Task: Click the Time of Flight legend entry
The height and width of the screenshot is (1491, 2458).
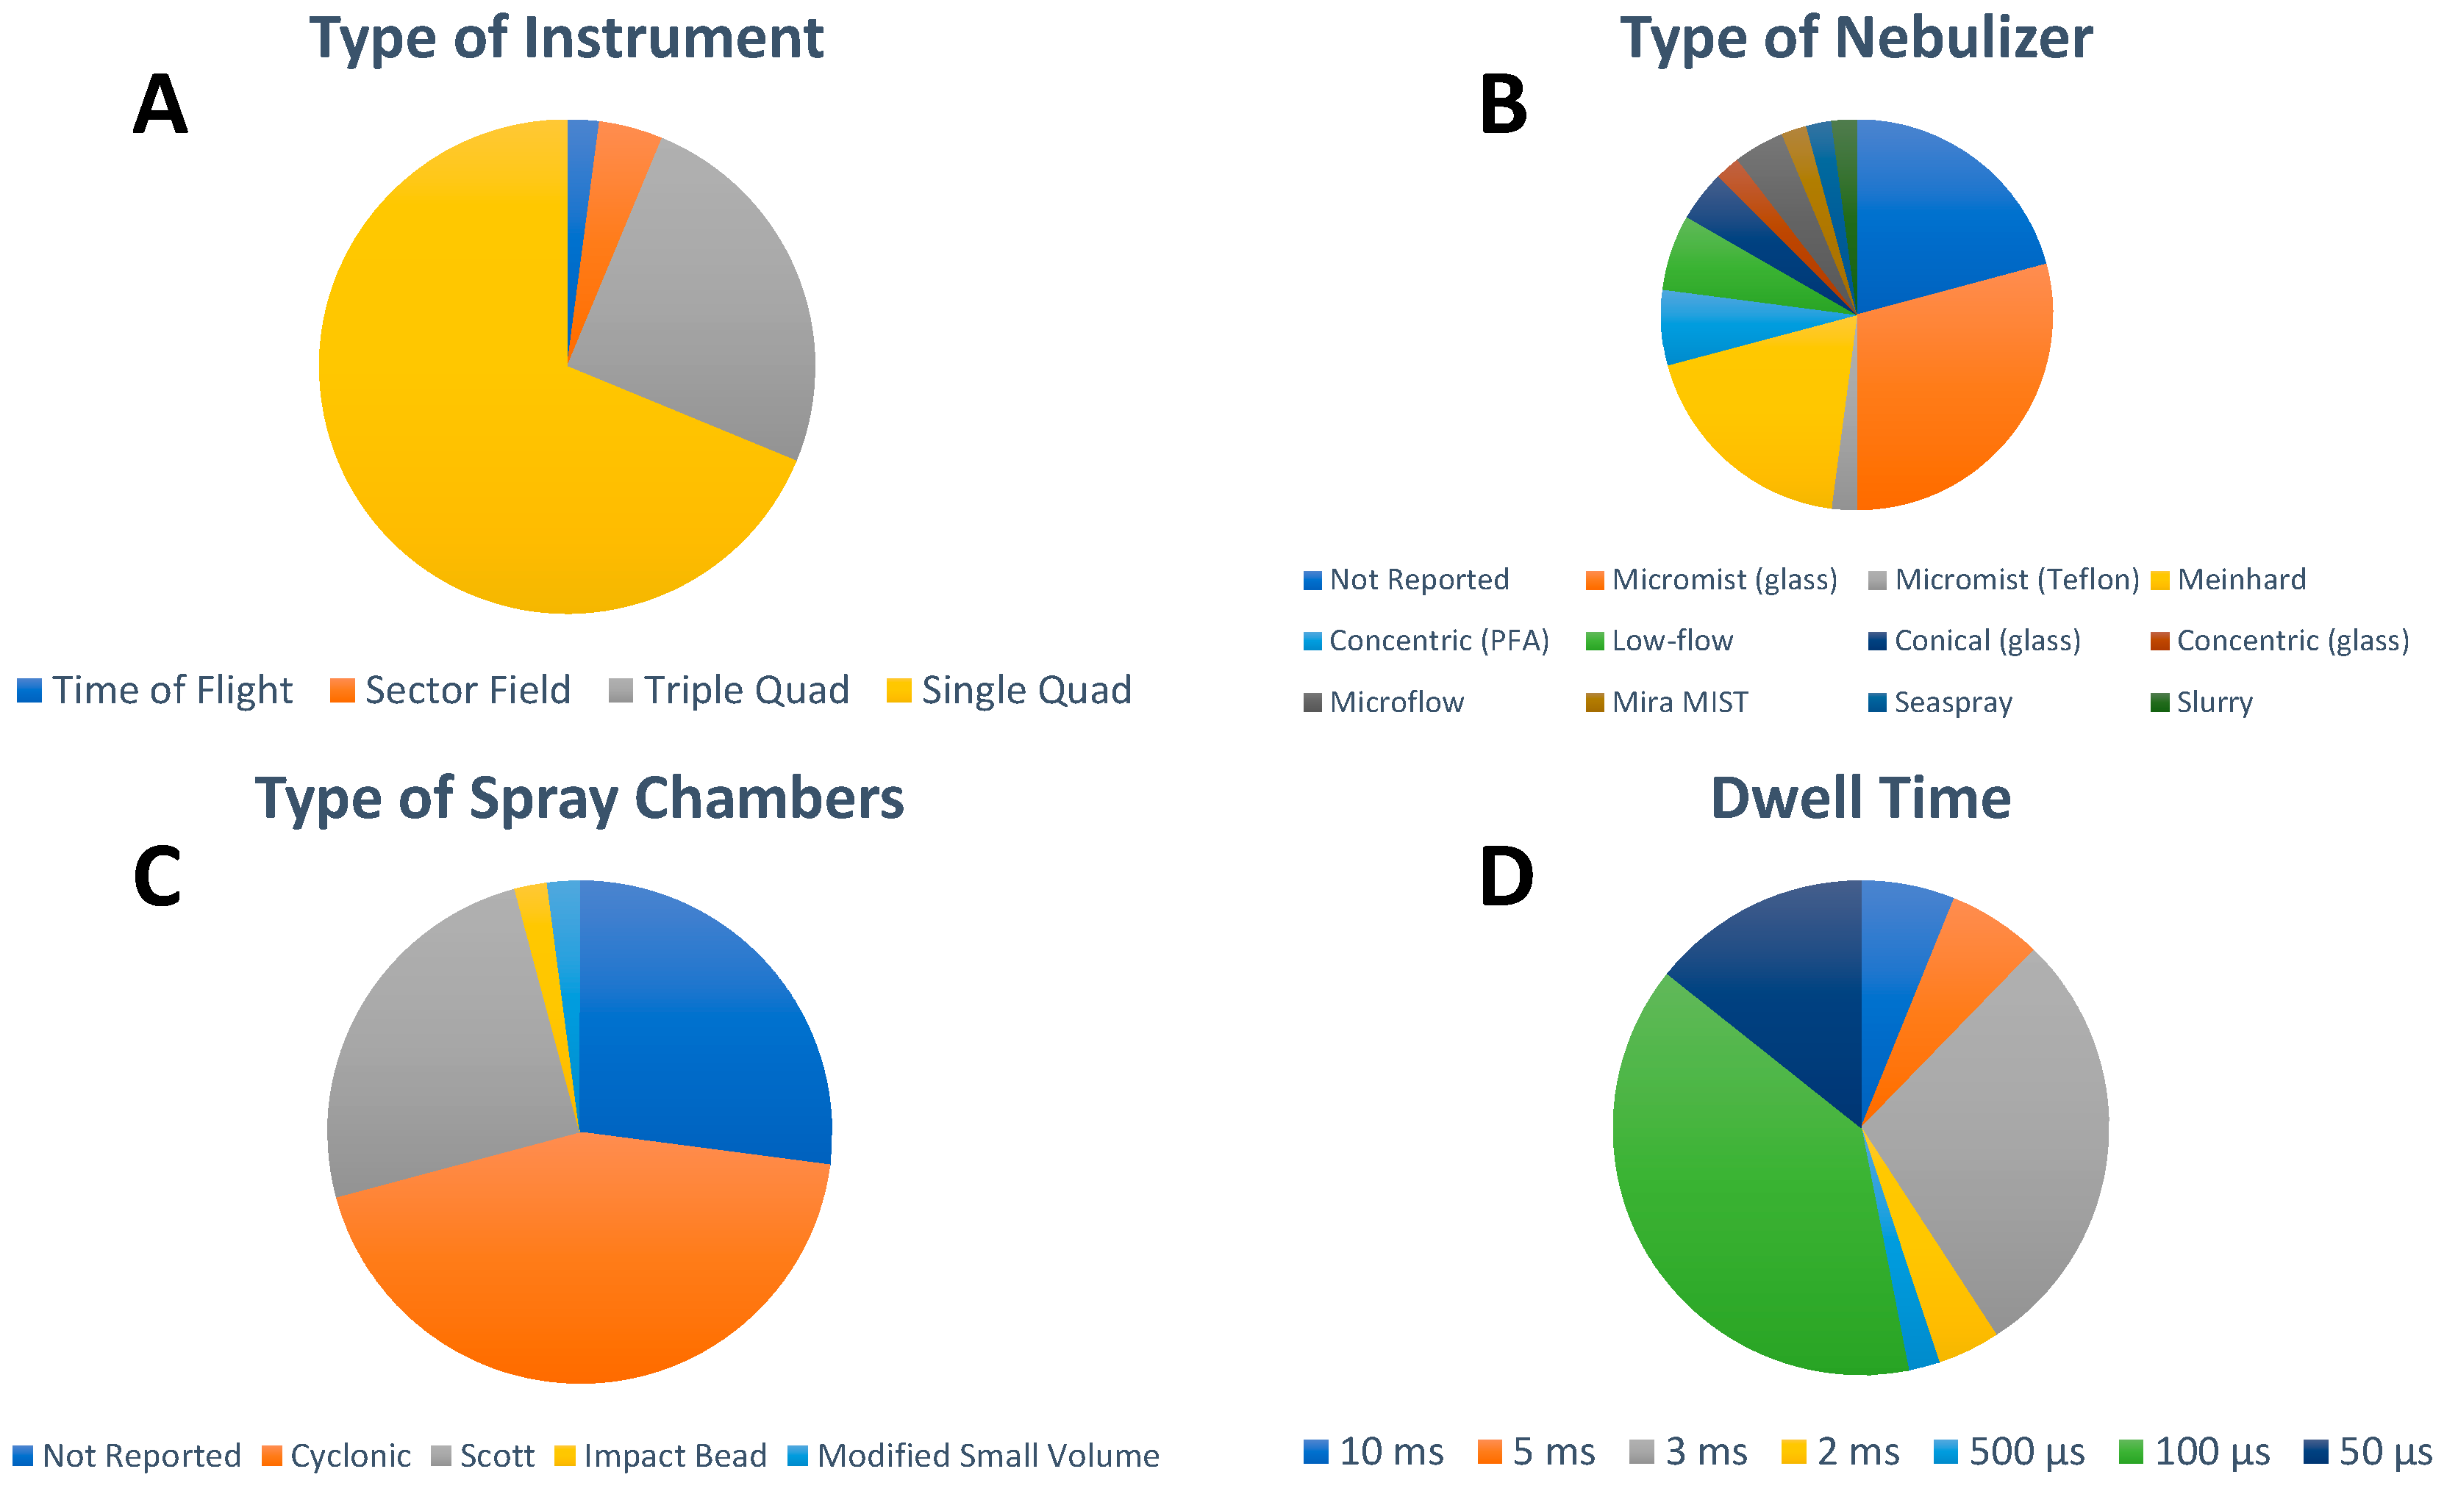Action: click(154, 690)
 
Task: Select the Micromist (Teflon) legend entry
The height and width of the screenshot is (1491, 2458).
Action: click(2003, 580)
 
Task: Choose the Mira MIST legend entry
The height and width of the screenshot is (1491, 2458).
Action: click(1667, 702)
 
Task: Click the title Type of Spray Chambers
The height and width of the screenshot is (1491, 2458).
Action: click(579, 799)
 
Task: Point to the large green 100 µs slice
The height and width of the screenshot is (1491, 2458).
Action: click(1736, 1197)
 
